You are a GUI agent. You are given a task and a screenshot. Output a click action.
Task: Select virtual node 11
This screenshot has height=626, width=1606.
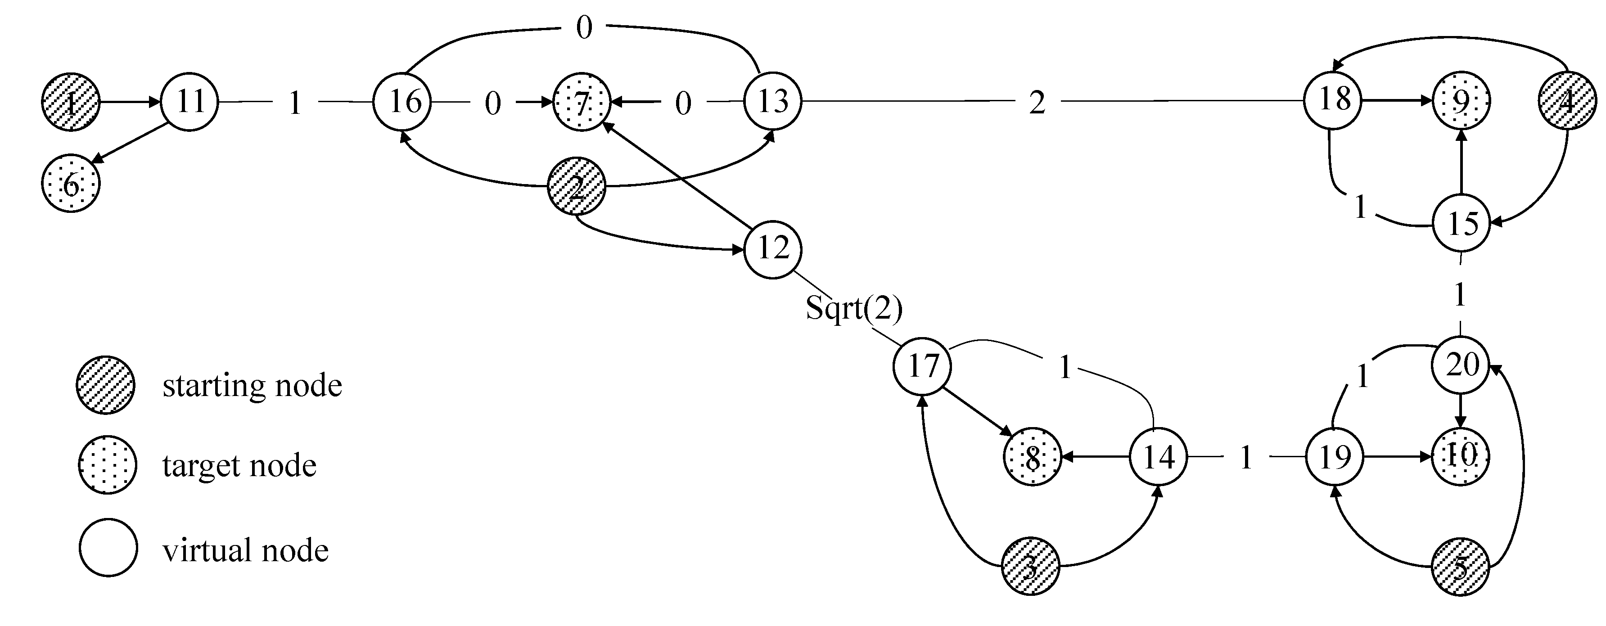point(189,101)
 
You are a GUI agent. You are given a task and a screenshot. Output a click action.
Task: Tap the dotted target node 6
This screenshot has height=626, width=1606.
point(71,184)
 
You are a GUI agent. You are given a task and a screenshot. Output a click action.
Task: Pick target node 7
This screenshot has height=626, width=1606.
point(581,102)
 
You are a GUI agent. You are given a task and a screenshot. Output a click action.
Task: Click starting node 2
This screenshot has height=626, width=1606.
point(576,186)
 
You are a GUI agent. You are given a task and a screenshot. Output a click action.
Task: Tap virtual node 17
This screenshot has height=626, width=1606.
point(922,365)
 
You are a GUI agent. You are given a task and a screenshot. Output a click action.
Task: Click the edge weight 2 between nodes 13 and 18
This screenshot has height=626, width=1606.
point(1037,102)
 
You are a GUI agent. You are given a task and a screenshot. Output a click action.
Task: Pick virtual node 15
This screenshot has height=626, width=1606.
point(1462,223)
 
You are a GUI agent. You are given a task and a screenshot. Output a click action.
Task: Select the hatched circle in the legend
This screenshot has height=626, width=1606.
point(105,385)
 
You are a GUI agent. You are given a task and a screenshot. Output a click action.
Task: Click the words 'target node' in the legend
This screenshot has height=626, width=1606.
point(239,466)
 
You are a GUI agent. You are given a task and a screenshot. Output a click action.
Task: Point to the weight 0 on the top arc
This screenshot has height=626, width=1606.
point(583,28)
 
